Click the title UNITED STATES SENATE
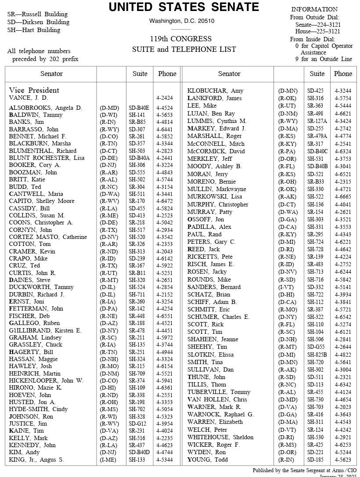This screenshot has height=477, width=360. pos(184,7)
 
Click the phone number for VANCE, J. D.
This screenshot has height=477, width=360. pos(165,98)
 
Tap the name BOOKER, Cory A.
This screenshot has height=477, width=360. pos(35,165)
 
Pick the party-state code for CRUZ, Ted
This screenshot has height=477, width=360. pos(108,266)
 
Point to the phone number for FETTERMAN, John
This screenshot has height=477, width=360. pos(165,309)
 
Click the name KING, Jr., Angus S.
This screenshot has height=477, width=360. pos(36,460)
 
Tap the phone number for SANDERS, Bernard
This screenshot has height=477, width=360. pos(342,287)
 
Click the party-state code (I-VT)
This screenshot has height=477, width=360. pos(287,287)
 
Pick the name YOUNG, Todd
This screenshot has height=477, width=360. pos(208,460)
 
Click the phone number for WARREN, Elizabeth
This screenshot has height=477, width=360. pos(342,422)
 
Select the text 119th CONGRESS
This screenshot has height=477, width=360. pos(180,39)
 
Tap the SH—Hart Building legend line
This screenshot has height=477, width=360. pos(34,30)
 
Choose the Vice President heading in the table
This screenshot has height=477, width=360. pos(34,90)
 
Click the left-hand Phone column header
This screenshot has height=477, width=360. pos(167,74)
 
